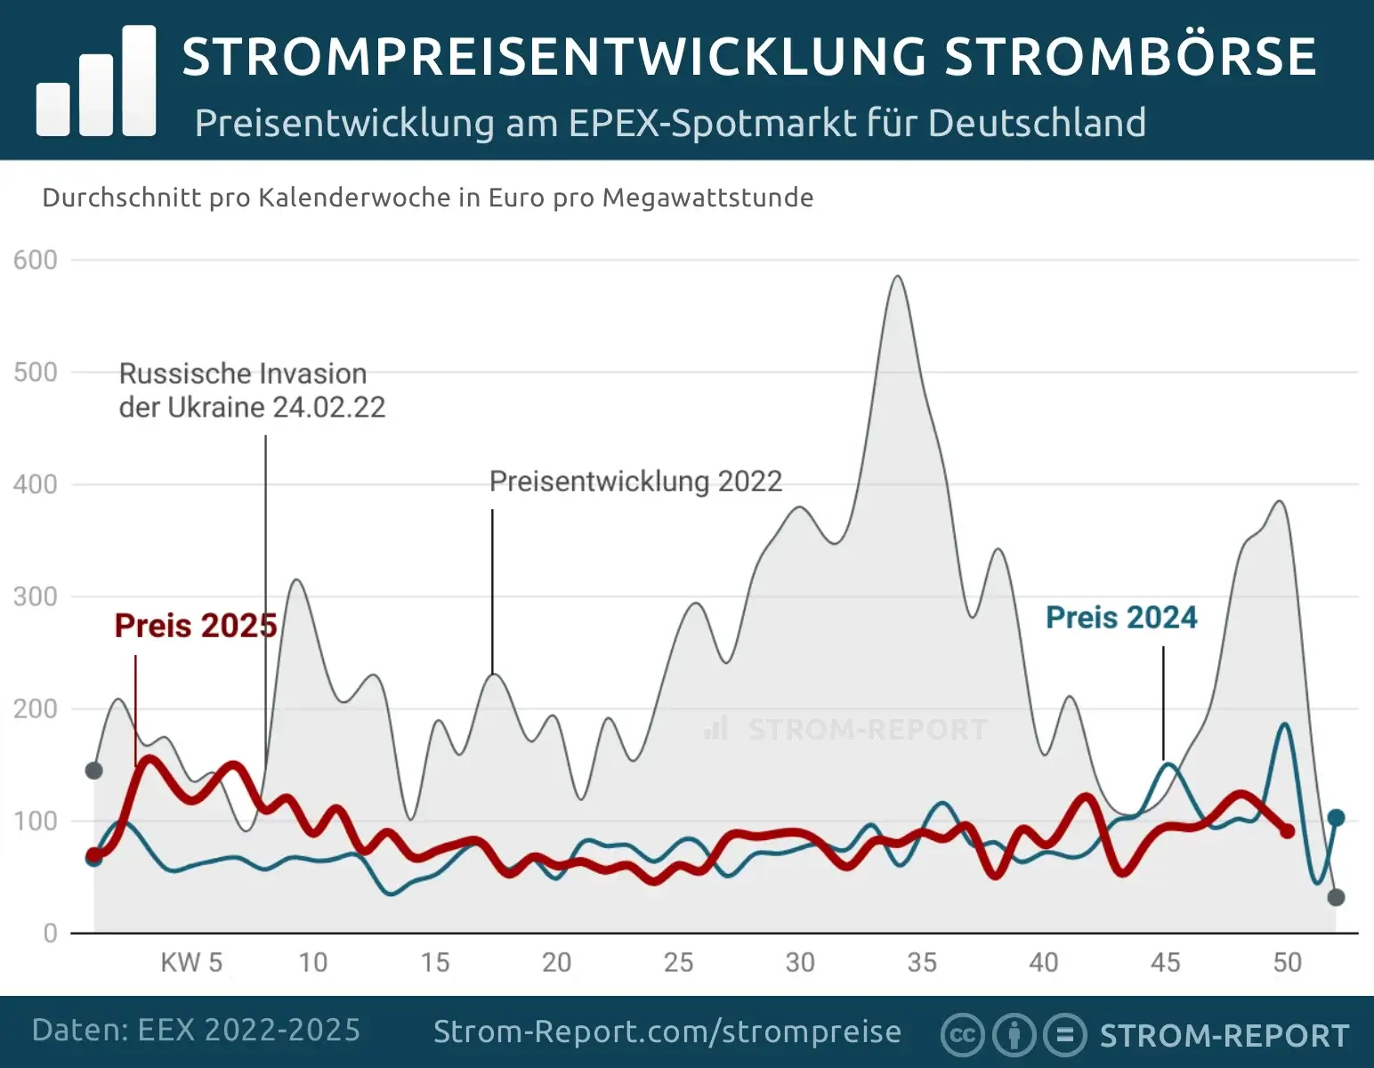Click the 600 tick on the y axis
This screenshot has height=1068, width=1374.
[36, 260]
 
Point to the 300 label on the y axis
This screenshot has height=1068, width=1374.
[36, 596]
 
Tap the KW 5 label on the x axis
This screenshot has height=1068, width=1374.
[191, 962]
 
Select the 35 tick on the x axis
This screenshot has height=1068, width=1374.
[922, 962]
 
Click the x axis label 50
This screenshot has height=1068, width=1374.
[1287, 962]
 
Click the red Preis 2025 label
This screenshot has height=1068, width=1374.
[196, 626]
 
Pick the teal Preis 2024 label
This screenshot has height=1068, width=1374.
[1121, 618]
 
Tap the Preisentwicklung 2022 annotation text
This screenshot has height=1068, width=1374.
[635, 481]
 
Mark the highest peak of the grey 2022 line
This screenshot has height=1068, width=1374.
[898, 277]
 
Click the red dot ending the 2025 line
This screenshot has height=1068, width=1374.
[1287, 830]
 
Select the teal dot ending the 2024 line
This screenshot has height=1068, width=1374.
[1336, 817]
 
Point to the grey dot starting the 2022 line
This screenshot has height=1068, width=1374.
[93, 770]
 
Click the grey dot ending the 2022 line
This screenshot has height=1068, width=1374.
[1336, 897]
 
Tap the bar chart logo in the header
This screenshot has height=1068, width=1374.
[96, 82]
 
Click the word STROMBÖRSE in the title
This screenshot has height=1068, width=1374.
[1130, 57]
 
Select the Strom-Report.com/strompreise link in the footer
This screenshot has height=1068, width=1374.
[667, 1032]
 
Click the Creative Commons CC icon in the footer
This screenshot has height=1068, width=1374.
[962, 1035]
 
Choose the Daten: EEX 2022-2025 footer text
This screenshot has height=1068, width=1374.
[197, 1030]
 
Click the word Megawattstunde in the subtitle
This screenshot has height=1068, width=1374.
[707, 198]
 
